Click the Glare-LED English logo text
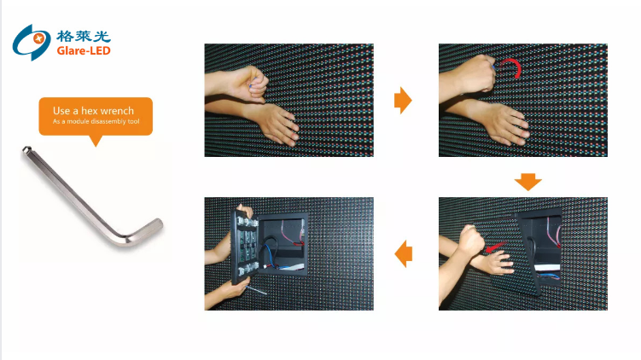(x=84, y=50)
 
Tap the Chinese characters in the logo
(x=84, y=36)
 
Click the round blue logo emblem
(x=32, y=42)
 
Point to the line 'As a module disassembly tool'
(x=96, y=121)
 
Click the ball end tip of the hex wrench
(x=26, y=149)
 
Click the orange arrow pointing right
(x=403, y=100)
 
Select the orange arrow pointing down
(x=527, y=182)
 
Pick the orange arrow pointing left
(x=403, y=253)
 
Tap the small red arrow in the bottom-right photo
(x=495, y=247)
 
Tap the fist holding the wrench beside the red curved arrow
(x=476, y=74)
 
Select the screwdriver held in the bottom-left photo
(x=255, y=290)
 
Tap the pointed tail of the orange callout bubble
(x=96, y=141)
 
